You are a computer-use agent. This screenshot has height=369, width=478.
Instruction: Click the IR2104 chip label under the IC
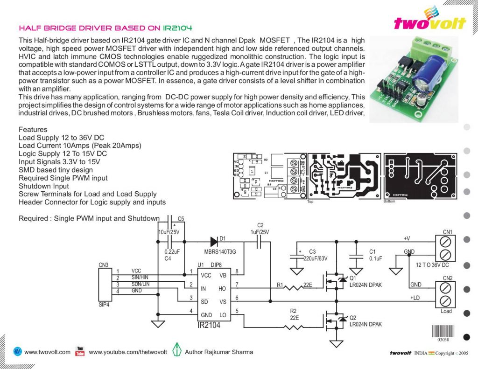[x=210, y=325]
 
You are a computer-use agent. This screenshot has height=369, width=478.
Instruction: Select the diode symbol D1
[x=214, y=241]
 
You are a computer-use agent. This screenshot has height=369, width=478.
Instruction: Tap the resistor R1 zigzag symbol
[x=295, y=288]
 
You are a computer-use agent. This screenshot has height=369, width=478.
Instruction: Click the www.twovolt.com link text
[x=47, y=352]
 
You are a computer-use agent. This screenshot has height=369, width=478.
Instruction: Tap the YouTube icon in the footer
[x=80, y=351]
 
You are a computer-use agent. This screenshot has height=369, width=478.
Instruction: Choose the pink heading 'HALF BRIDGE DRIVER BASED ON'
[x=90, y=28]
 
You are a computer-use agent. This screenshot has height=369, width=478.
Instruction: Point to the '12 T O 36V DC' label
[x=432, y=265]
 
